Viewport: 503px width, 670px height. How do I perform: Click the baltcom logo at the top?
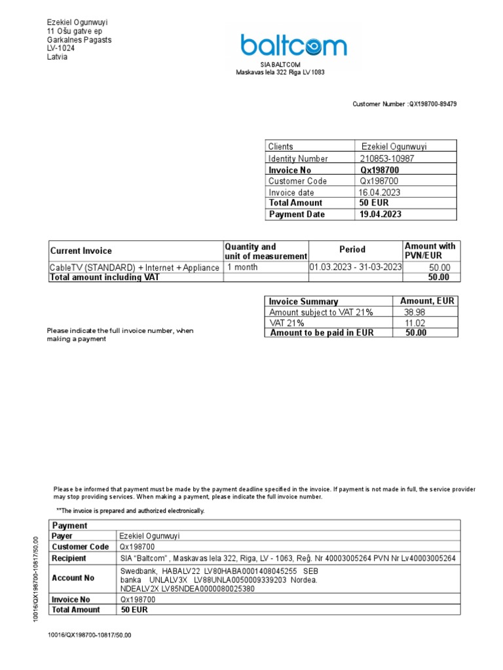click(x=293, y=46)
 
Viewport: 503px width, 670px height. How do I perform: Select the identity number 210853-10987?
click(x=386, y=158)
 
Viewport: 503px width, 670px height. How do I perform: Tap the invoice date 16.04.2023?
click(x=379, y=192)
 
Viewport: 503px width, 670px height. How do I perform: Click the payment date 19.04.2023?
click(x=380, y=214)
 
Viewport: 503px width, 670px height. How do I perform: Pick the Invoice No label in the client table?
click(x=289, y=170)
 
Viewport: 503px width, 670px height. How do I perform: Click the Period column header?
click(x=352, y=249)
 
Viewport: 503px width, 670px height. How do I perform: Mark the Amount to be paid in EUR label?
click(x=322, y=332)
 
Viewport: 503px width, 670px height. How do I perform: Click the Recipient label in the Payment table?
click(x=69, y=558)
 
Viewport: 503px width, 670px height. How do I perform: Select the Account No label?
click(x=73, y=578)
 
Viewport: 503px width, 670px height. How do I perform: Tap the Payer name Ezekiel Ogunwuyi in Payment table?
click(x=149, y=536)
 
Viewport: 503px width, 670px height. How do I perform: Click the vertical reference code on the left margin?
click(x=37, y=580)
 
